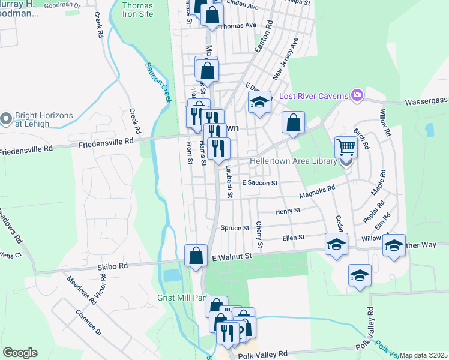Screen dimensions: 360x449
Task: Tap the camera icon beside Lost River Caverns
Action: pos(357,95)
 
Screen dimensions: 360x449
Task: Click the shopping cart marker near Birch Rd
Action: pos(346,145)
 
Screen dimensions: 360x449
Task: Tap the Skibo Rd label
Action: pos(115,265)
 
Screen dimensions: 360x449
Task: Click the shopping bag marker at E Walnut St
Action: pos(196,256)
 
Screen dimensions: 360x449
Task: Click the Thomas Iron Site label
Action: pos(137,9)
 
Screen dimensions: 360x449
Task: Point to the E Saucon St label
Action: pos(259,182)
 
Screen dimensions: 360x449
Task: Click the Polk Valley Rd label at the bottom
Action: pos(263,355)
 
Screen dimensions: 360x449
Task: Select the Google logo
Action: pos(20,353)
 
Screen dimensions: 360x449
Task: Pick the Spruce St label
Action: pos(235,228)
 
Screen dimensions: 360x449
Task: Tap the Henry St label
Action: pos(287,211)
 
